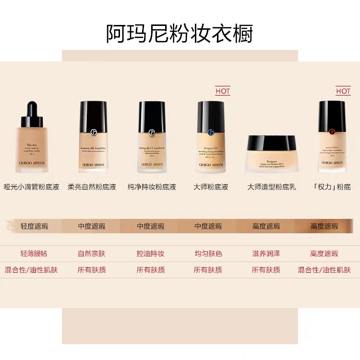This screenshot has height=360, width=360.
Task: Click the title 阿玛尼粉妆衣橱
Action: coord(180,33)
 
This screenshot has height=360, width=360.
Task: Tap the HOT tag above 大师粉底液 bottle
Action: coord(223,91)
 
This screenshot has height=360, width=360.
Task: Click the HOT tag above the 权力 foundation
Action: coord(343,91)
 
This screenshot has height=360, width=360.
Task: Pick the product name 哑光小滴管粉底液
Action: coord(32,187)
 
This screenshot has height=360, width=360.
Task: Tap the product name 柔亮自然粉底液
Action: coord(92,187)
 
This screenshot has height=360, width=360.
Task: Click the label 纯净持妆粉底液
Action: coord(152,187)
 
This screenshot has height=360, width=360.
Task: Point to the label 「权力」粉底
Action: coord(331,187)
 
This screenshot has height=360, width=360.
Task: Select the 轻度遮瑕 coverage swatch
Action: coord(34,226)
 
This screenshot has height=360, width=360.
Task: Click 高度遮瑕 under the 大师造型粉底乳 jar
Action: coord(266,226)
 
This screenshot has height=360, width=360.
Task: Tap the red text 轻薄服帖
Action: coord(34,253)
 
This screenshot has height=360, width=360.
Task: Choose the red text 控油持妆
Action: coord(151,253)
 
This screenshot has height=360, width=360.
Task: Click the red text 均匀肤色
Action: coord(208,253)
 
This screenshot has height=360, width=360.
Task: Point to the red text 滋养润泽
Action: coord(266,253)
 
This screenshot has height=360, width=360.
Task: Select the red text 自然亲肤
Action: coord(92,253)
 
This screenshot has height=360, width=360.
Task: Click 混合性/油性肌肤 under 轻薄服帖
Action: coord(31,270)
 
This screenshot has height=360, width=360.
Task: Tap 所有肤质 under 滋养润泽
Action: coord(266,270)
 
